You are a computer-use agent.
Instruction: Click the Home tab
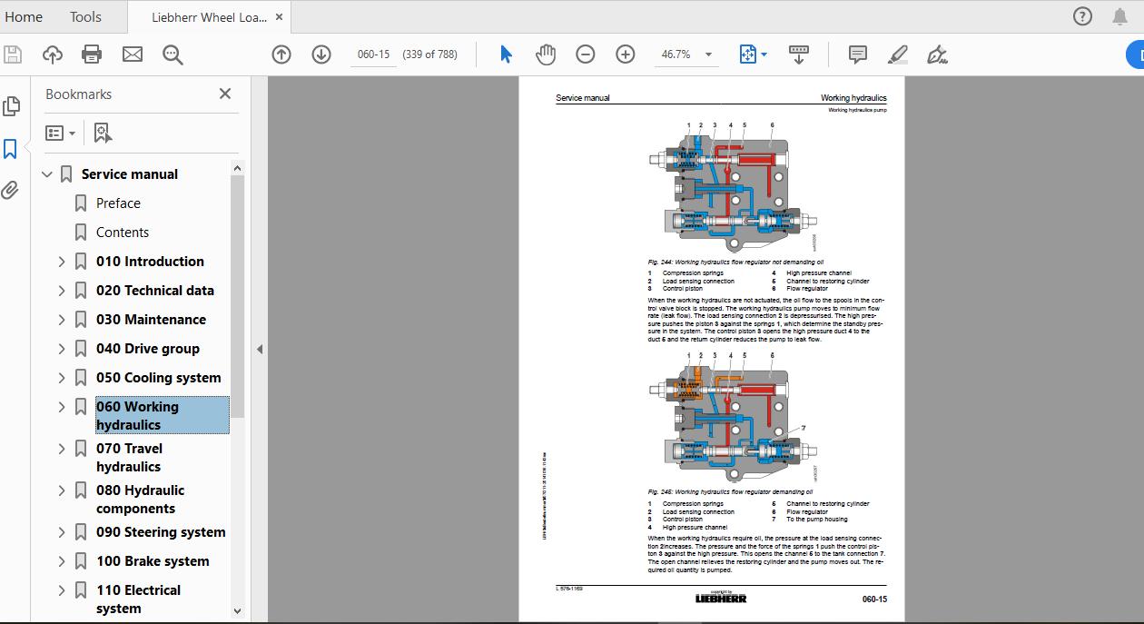(24, 16)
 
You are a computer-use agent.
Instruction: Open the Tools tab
(85, 16)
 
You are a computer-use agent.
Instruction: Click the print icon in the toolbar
(92, 54)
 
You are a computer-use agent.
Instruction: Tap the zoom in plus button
(625, 54)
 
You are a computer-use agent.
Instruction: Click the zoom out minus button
(586, 54)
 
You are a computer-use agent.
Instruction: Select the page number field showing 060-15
(373, 54)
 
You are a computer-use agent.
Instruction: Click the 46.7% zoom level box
(676, 54)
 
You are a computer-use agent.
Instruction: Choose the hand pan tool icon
(545, 54)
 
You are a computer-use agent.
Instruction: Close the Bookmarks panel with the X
(225, 94)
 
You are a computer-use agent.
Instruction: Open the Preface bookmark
(118, 203)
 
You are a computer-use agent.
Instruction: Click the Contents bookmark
(123, 233)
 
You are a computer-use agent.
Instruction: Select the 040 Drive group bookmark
(148, 349)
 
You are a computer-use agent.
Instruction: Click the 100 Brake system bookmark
(153, 561)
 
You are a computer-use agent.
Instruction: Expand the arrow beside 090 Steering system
(62, 532)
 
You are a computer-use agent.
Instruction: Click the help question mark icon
(1082, 16)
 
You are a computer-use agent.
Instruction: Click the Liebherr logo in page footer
(720, 599)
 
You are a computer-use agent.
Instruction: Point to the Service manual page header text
(583, 98)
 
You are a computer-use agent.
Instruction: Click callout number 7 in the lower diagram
(803, 428)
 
